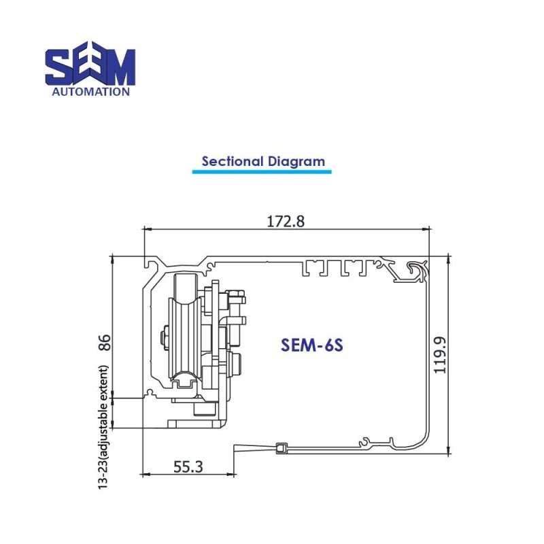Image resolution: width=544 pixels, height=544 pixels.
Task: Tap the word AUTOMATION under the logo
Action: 90,91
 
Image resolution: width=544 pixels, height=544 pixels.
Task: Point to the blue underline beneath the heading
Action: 262,172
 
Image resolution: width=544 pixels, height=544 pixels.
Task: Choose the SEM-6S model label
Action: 313,345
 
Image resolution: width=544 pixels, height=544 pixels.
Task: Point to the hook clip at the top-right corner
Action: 416,270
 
